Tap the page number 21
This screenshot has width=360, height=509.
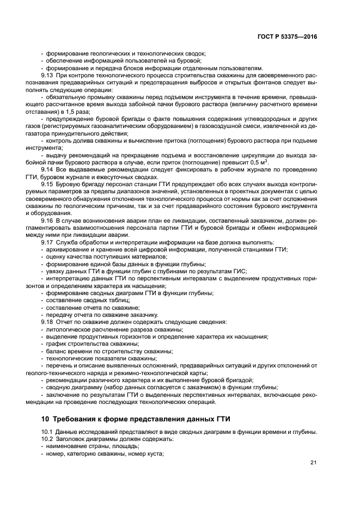[313, 463]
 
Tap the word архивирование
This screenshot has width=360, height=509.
[68, 249]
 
